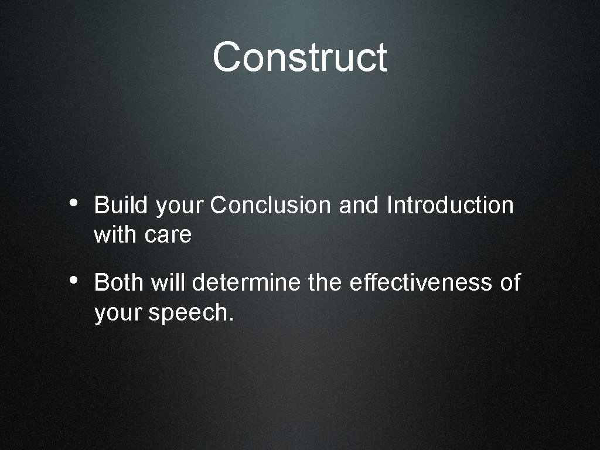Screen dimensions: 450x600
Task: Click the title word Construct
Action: click(299, 57)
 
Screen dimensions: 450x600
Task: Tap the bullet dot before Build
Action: click(71, 203)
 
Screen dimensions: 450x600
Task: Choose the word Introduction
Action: click(451, 206)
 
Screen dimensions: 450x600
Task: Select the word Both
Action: click(119, 282)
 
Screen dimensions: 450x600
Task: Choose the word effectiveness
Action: click(421, 282)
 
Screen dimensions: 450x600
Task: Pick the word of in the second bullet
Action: click(510, 282)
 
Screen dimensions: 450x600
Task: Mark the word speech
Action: click(191, 314)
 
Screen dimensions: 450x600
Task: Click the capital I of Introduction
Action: click(390, 206)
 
